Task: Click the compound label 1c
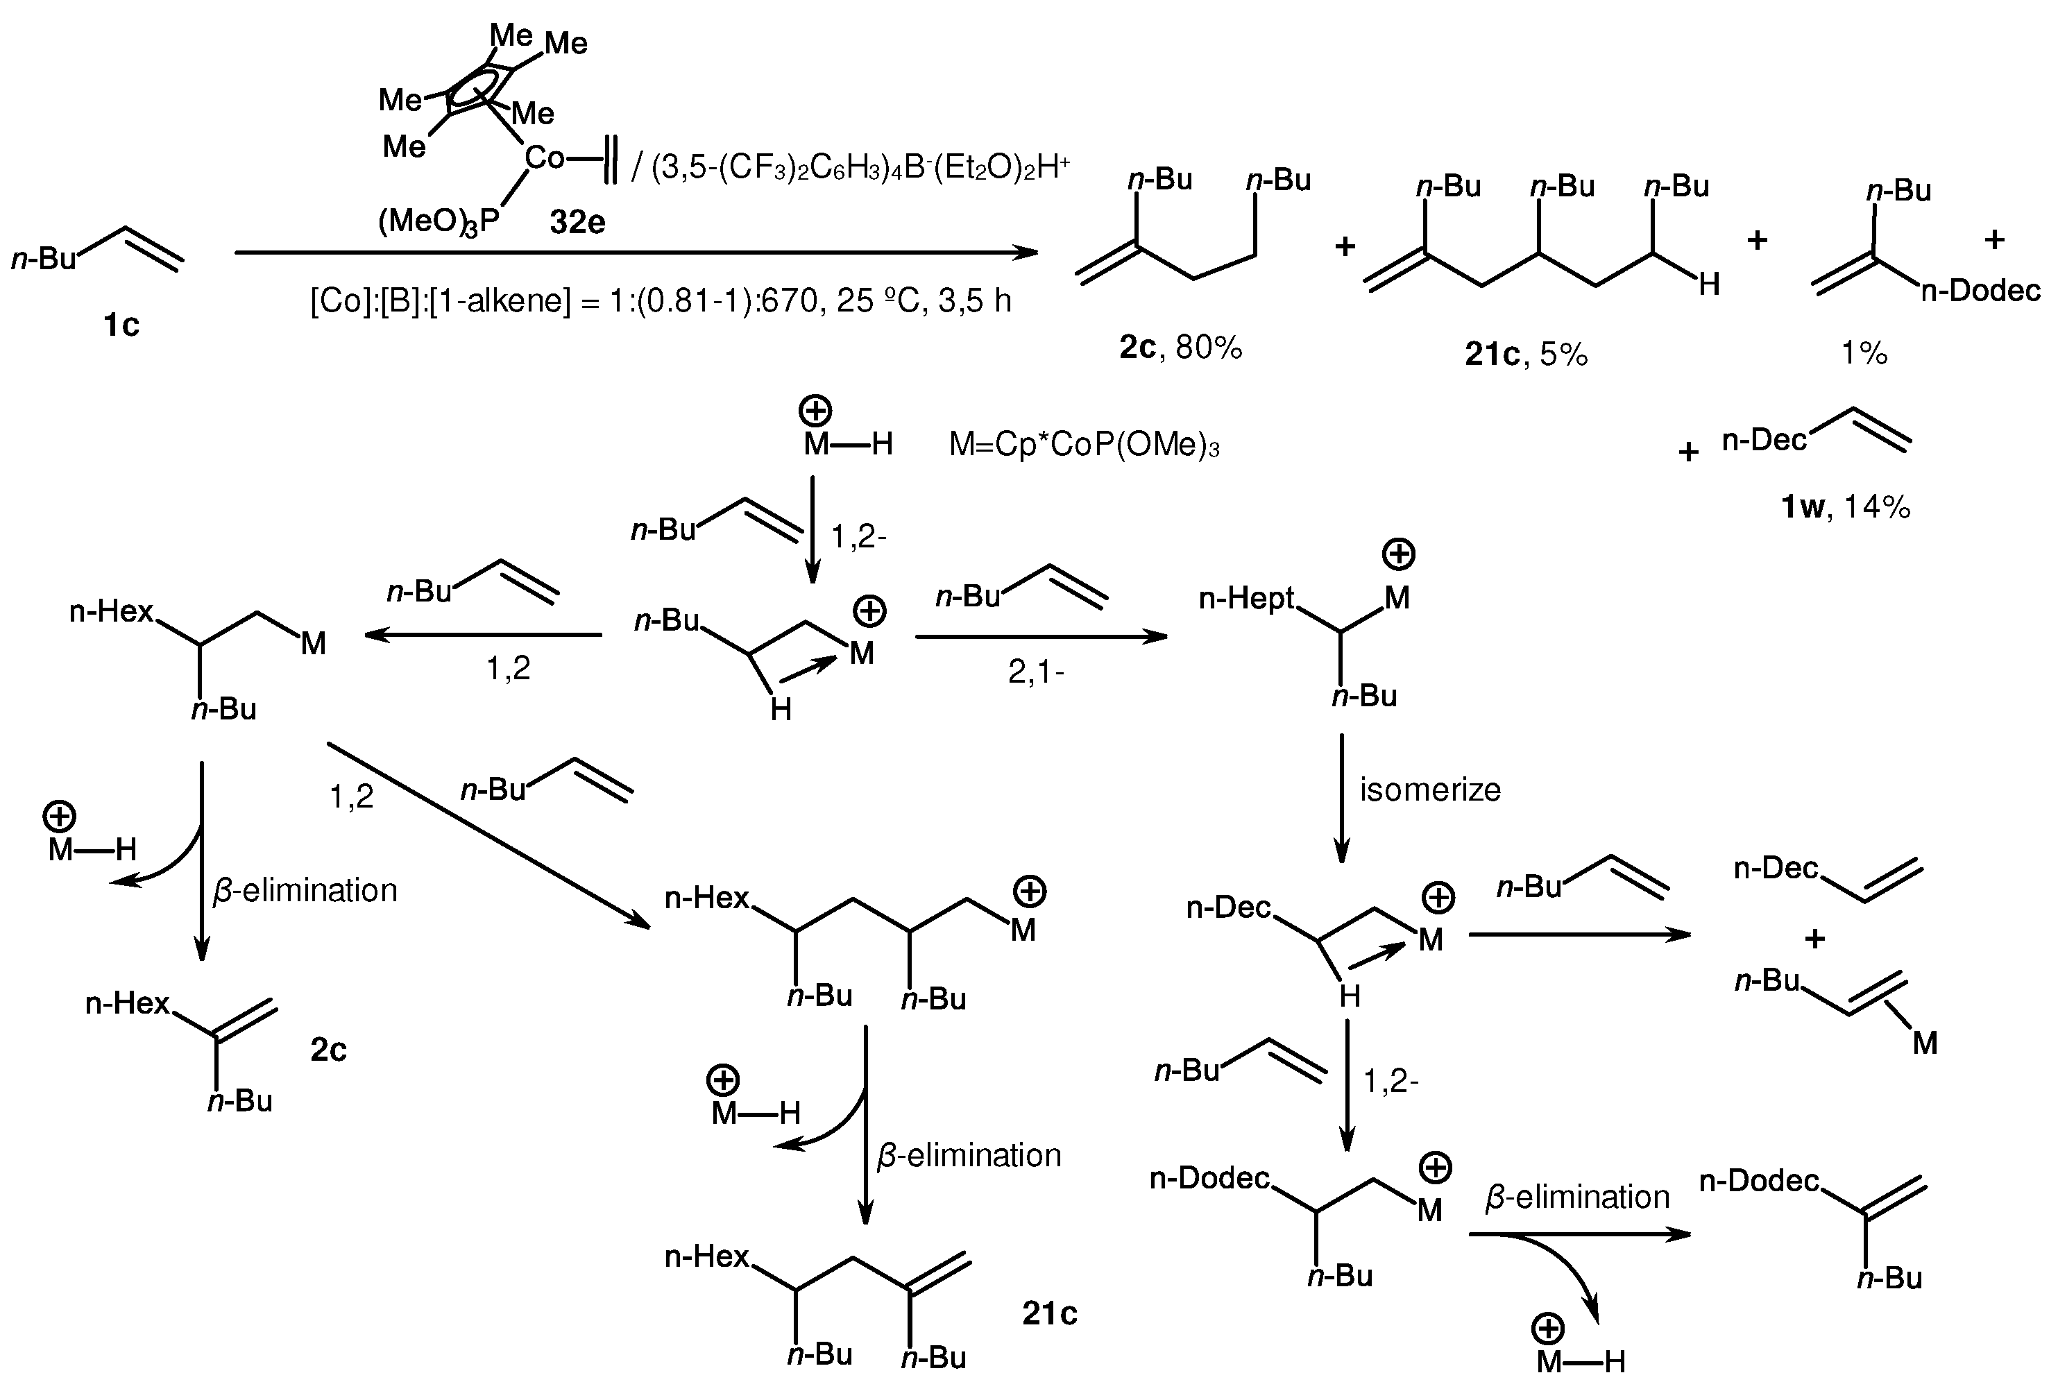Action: point(121,325)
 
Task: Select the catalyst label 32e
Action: point(577,222)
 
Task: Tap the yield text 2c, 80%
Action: point(1180,348)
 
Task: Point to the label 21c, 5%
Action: point(1526,353)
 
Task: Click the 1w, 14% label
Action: point(1845,506)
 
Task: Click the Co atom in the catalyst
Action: point(544,159)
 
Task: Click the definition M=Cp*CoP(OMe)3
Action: point(1083,445)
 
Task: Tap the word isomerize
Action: point(1429,789)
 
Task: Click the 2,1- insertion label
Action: point(1036,672)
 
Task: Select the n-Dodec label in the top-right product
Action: point(1980,290)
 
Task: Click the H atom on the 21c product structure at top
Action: point(1708,284)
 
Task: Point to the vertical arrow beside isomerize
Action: point(1341,798)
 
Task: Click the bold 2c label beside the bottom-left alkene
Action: point(328,1049)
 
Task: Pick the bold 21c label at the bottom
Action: point(1049,1313)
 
